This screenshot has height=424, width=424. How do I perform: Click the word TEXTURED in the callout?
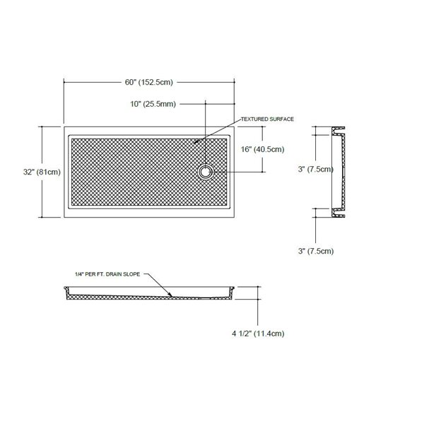252,119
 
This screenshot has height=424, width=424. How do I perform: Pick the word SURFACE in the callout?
281,119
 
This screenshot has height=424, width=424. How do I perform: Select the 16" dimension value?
247,149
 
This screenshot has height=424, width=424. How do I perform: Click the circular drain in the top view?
206,171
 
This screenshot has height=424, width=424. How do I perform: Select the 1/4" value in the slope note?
79,273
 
